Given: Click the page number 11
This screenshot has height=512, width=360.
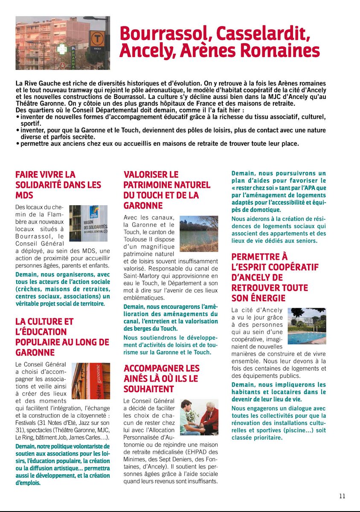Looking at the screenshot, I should [x=342, y=496].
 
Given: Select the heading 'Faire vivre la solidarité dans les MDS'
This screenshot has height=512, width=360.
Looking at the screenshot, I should [x=58, y=185].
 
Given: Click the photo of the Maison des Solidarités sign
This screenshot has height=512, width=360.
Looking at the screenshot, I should [x=88, y=223].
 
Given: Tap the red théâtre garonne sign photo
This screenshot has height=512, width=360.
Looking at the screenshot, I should [x=90, y=381].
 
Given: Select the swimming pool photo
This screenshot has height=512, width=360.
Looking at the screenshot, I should [x=307, y=326].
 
